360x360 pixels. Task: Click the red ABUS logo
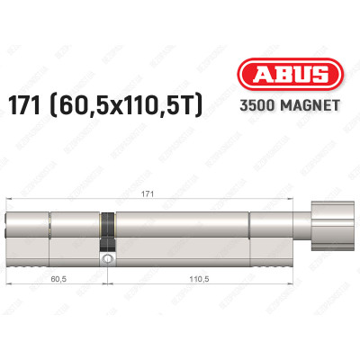tap(285, 77)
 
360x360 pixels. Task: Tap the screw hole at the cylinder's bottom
tap(108, 259)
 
